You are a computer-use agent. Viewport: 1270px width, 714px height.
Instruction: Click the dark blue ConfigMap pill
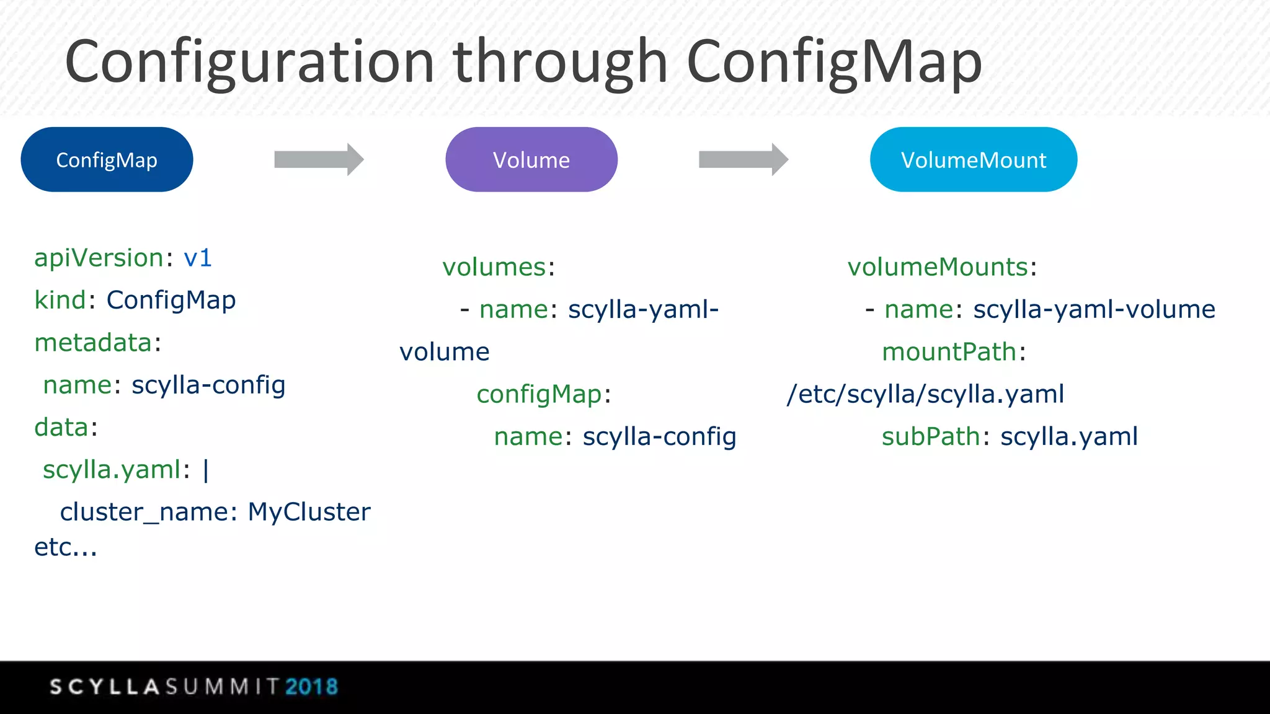(107, 160)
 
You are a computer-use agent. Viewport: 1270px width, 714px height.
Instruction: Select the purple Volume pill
(531, 160)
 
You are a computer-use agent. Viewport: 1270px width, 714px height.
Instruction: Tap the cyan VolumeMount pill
(973, 160)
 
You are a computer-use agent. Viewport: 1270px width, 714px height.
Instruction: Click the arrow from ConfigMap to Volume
(318, 160)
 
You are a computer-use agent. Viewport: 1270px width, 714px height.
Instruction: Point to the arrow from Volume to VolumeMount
(743, 160)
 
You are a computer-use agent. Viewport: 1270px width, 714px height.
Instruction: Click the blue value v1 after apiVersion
(198, 258)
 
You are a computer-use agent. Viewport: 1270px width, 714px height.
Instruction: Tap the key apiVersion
(99, 258)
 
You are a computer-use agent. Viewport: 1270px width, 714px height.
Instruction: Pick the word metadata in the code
(93, 343)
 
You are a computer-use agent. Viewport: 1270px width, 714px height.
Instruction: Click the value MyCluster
(309, 512)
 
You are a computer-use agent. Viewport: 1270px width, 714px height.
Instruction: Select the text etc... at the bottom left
(66, 547)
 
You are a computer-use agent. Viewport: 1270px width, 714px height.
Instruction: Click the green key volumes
(494, 267)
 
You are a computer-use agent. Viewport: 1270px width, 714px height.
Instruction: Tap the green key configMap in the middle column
(539, 395)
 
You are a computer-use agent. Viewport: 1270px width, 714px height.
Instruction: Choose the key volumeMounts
(938, 267)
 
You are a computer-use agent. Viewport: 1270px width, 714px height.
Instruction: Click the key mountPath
(949, 352)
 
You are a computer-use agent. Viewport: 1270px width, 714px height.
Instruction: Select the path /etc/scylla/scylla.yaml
(925, 394)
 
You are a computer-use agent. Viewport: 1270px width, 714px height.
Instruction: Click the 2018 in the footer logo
(312, 687)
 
